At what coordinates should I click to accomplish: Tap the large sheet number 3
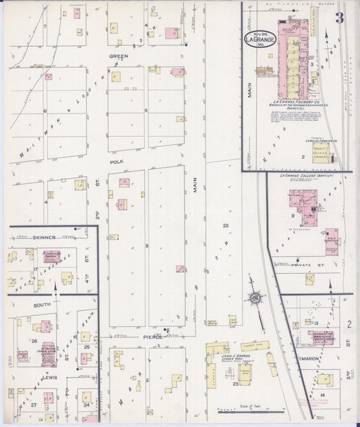(339, 18)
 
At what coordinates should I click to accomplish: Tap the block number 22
(226, 226)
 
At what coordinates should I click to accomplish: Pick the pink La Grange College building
(301, 202)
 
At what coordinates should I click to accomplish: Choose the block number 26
(34, 341)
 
